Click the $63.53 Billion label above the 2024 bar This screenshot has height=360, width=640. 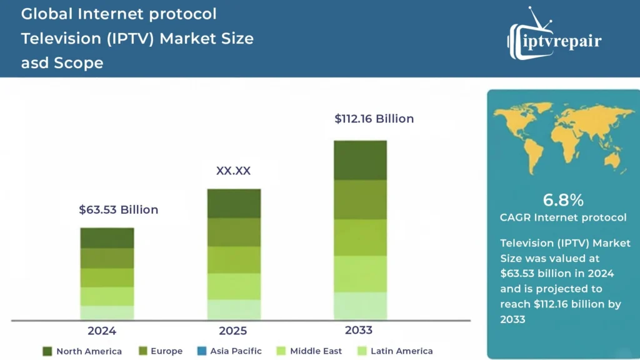click(118, 210)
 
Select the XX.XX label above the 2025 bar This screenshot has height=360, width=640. click(233, 171)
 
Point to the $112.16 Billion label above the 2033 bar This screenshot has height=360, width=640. click(374, 119)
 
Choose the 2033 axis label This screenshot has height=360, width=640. click(359, 330)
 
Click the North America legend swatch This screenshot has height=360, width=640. click(47, 351)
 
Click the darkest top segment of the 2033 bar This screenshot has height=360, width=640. click(360, 160)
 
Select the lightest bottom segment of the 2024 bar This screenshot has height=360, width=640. click(107, 312)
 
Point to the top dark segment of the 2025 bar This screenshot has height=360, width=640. click(234, 203)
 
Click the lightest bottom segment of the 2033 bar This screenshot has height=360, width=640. click(360, 306)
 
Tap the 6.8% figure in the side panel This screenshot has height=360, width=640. click(562, 200)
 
